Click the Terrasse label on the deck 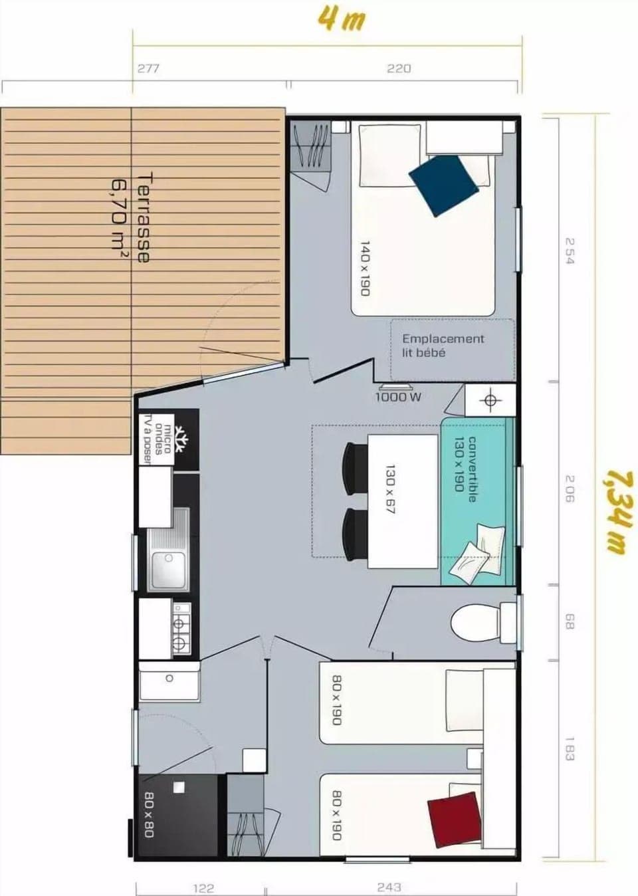(143, 217)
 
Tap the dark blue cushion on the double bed (443, 185)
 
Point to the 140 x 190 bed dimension (364, 269)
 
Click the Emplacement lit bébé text (443, 346)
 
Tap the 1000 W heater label (398, 397)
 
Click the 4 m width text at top (341, 19)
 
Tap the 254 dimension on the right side (568, 251)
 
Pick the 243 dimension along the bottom (389, 887)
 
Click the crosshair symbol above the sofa (490, 400)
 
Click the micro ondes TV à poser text (158, 439)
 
